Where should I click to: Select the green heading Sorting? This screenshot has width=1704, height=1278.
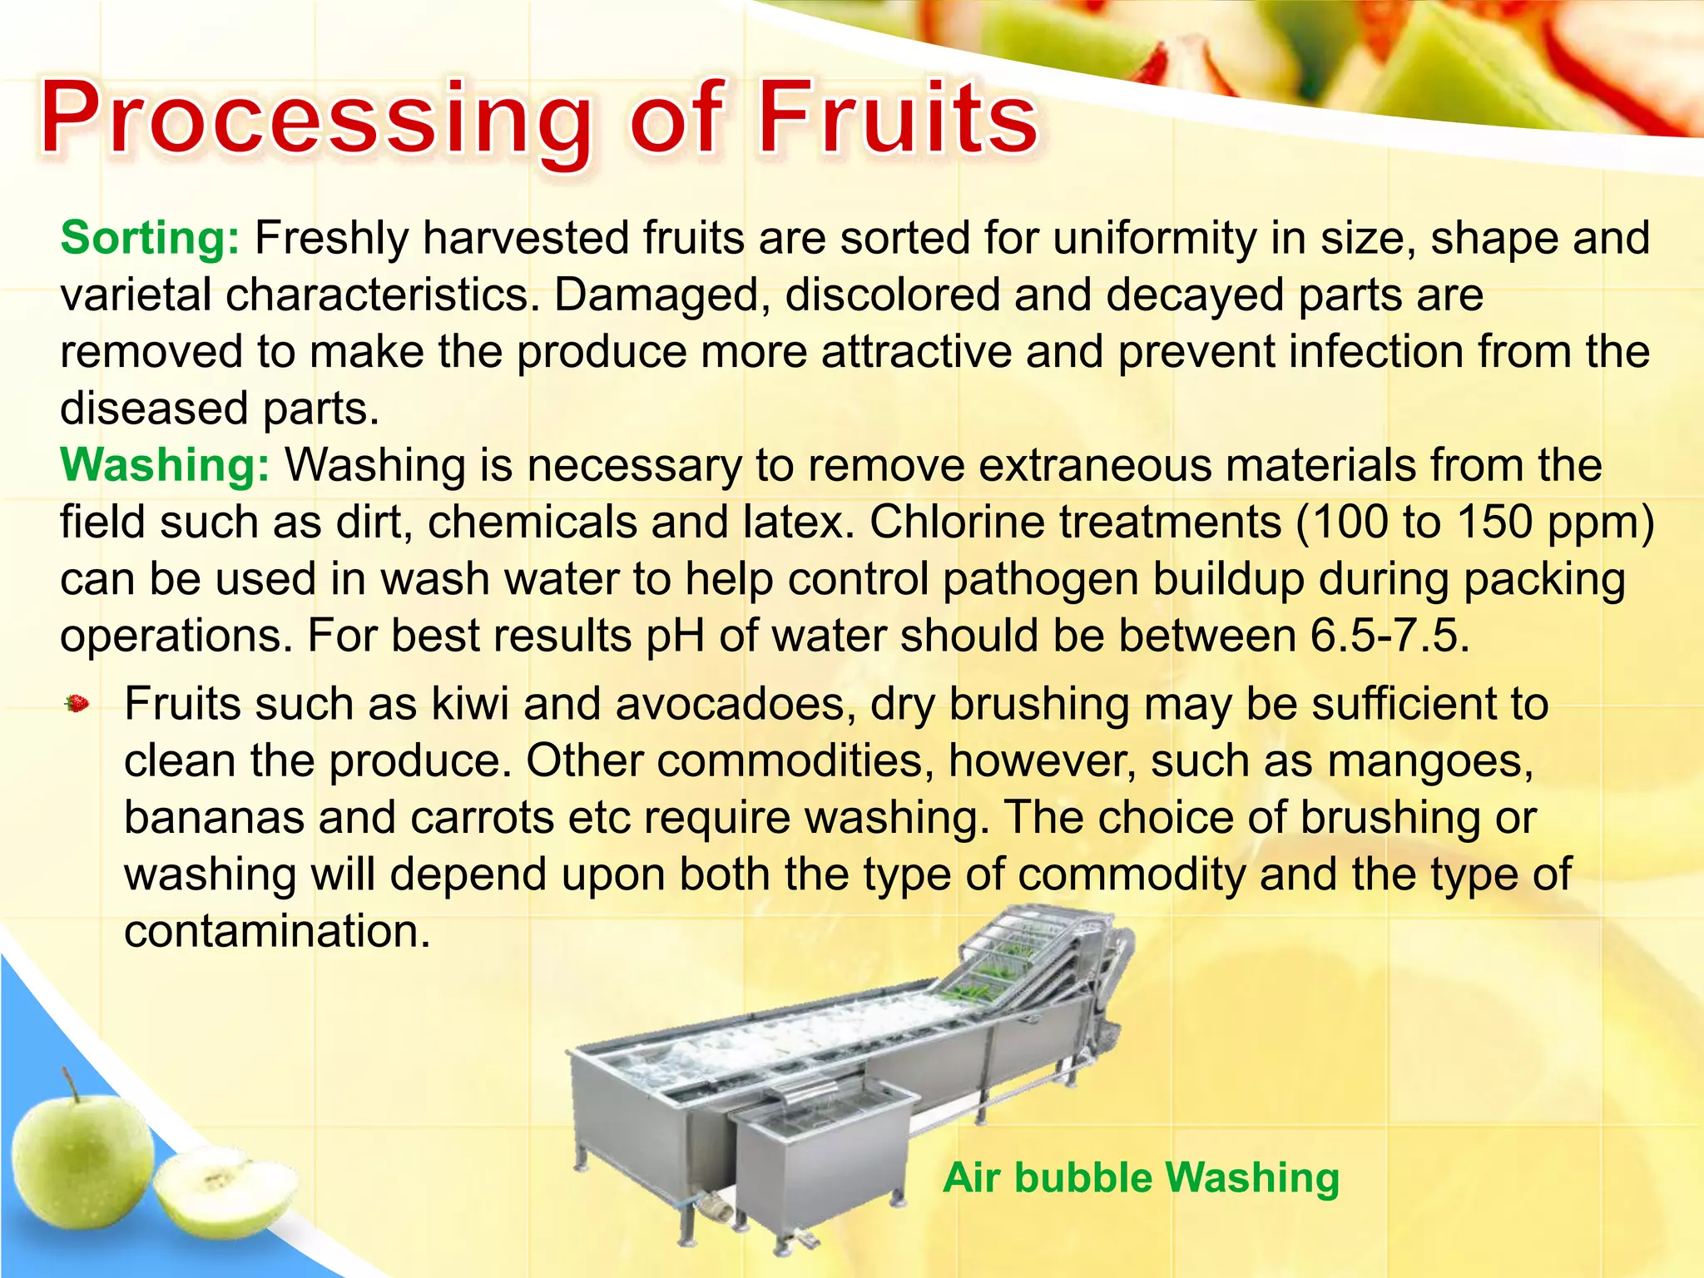coord(150,239)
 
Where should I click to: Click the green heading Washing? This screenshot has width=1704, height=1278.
coord(165,465)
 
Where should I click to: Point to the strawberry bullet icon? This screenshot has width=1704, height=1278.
coord(77,704)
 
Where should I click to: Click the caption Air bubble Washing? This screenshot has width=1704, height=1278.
coord(1141,1178)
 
